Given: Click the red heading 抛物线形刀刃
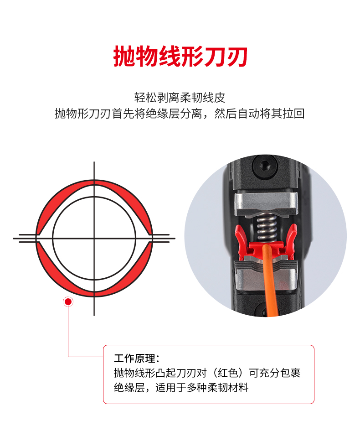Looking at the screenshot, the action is coord(180,57).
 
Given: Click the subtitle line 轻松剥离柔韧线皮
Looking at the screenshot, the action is coord(180,98).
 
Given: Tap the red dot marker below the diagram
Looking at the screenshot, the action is coord(68,302).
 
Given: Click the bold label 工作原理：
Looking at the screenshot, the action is coord(137,359).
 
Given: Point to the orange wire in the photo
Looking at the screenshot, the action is coord(269,279).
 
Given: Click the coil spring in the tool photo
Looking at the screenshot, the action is coord(266,227).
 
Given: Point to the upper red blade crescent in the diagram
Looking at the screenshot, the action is coord(94,199).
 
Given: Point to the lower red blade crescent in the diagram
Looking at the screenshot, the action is coord(94,279).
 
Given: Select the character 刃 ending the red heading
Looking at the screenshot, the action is coord(237,57).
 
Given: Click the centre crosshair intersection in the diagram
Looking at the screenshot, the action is coord(94,238).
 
